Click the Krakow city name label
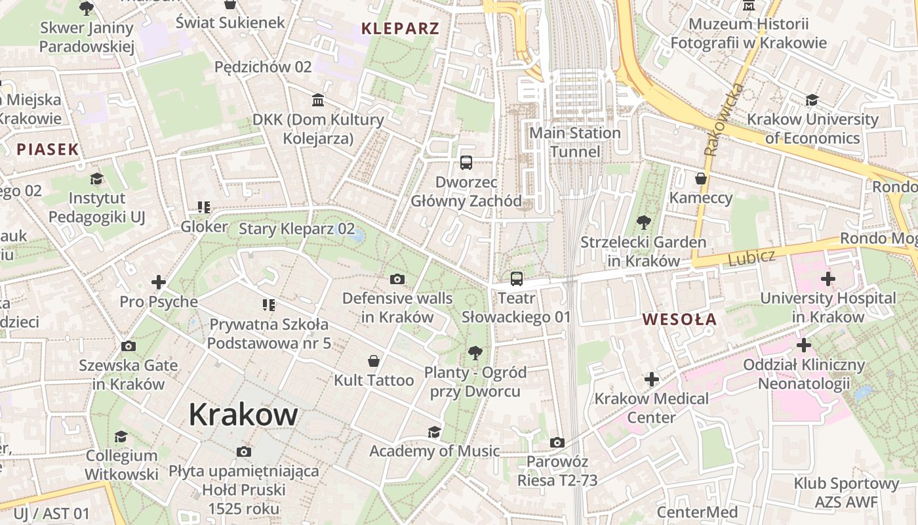[243, 415]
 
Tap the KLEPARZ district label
[400, 28]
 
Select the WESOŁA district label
[679, 320]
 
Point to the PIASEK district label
[48, 149]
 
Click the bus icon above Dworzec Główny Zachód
[466, 163]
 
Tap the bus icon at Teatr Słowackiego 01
[517, 279]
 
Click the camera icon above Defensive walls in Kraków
[397, 280]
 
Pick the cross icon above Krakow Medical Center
[651, 379]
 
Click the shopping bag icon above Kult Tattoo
[374, 361]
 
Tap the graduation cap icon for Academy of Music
[434, 432]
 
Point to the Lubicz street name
[751, 257]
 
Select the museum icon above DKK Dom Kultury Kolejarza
[318, 100]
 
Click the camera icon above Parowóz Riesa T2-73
[557, 442]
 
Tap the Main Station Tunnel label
[574, 142]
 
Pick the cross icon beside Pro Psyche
[158, 282]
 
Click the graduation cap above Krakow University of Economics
[812, 100]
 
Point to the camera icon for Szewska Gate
[129, 346]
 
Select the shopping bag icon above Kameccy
[700, 178]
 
